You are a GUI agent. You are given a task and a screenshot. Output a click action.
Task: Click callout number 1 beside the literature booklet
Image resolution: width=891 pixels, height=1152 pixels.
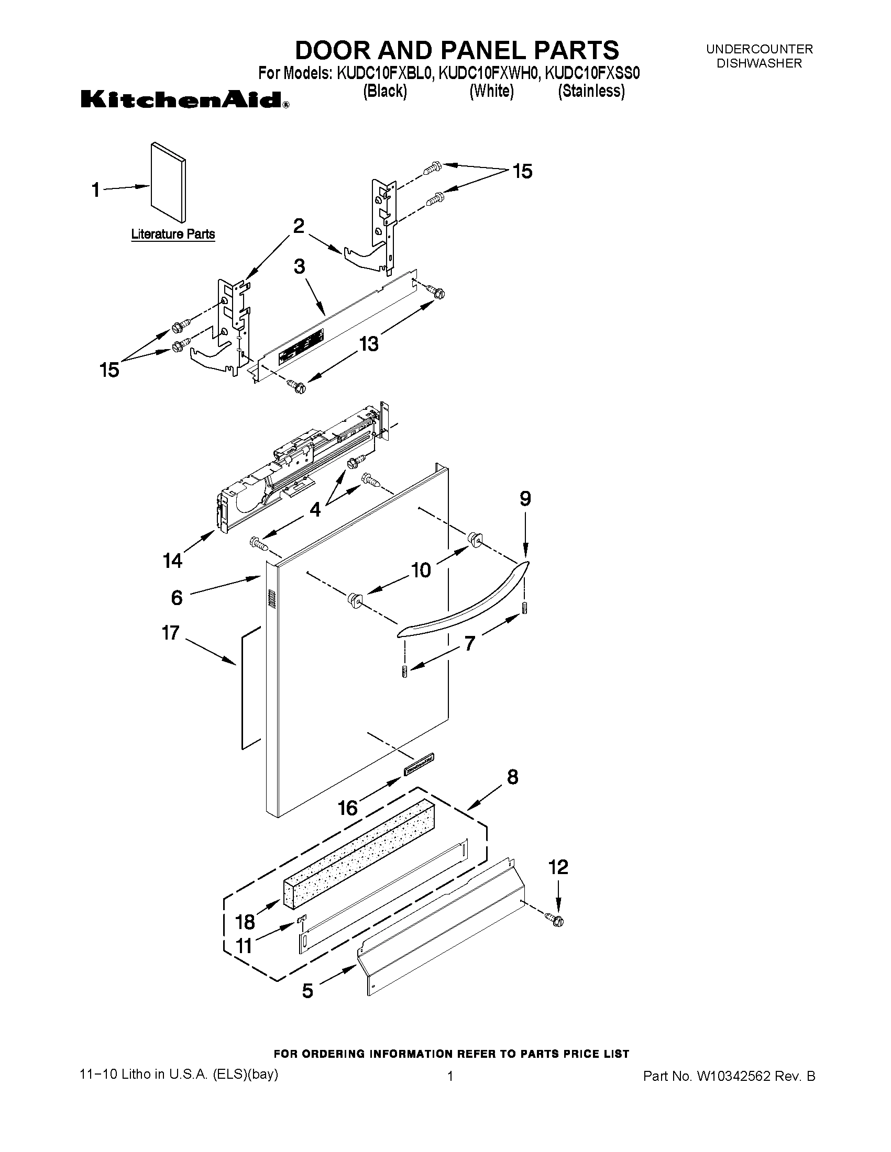click(95, 189)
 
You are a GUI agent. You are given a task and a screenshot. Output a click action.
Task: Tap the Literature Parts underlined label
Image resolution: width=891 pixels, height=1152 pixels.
click(173, 233)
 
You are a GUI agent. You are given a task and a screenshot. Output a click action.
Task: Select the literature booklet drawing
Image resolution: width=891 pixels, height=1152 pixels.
click(168, 182)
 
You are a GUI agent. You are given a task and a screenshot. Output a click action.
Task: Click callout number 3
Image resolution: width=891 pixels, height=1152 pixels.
click(299, 266)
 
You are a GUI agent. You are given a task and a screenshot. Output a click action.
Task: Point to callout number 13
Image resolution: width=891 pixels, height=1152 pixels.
click(369, 344)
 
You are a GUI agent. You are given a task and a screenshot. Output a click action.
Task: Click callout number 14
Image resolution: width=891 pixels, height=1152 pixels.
click(173, 561)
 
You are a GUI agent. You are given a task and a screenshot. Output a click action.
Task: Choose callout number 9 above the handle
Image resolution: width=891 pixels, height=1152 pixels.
click(525, 498)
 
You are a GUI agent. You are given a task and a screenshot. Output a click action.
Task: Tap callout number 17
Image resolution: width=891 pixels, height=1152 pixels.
click(171, 632)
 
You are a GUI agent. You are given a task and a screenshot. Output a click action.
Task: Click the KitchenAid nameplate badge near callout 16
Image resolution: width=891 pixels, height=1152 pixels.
click(419, 763)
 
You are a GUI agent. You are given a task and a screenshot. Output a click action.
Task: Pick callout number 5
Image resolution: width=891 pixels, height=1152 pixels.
click(307, 991)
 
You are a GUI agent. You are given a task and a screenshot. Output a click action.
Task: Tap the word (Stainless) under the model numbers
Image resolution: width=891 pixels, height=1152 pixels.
click(591, 91)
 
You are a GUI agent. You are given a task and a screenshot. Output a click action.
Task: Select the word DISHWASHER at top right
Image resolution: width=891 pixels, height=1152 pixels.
click(759, 63)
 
